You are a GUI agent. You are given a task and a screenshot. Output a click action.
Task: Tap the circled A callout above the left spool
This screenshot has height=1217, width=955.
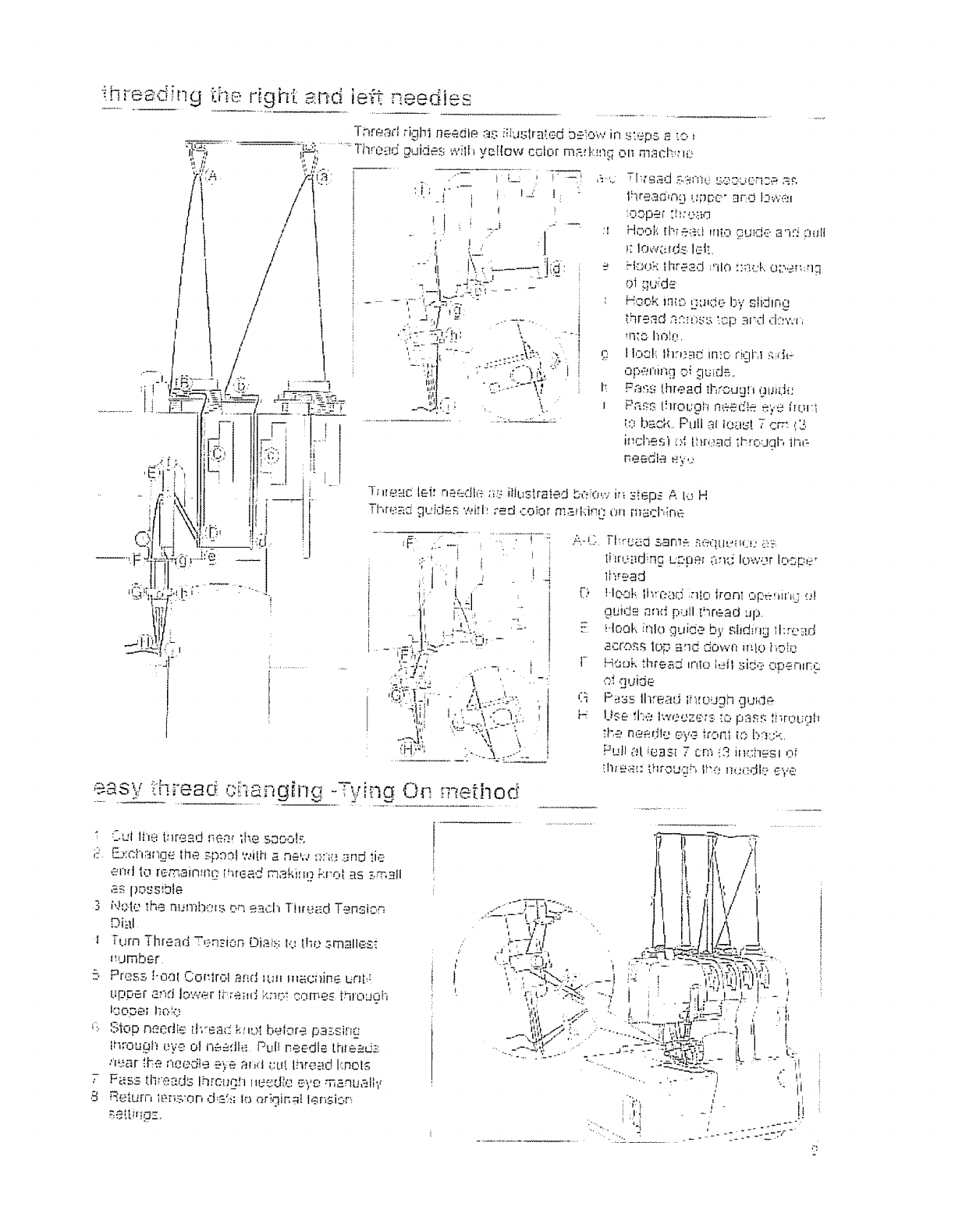[x=210, y=176]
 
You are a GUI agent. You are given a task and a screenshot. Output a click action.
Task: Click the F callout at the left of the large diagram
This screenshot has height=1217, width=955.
[x=139, y=559]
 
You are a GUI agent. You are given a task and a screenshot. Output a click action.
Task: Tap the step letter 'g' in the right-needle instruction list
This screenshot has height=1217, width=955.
[x=606, y=354]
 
